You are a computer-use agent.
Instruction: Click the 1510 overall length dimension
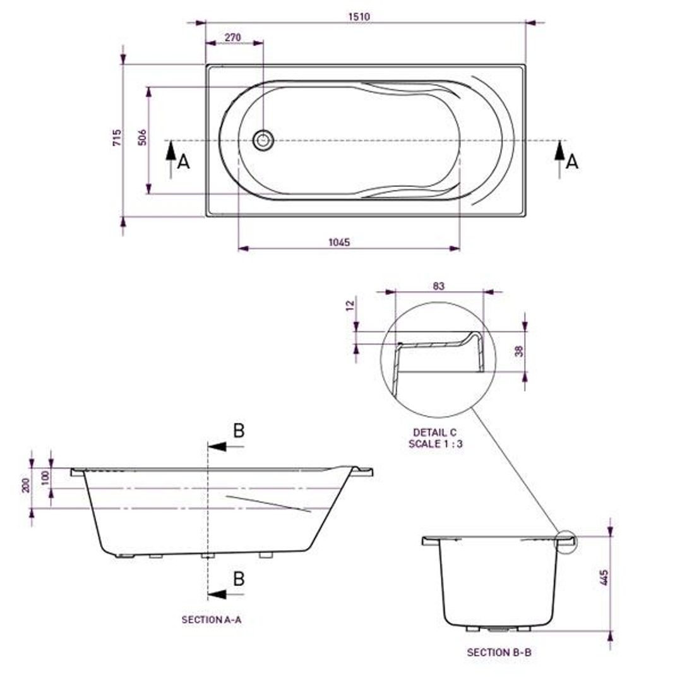pos(359,17)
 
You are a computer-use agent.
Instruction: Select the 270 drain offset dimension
pos(233,38)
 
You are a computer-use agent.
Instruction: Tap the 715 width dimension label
pos(117,138)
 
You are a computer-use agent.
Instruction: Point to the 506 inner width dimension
pos(143,138)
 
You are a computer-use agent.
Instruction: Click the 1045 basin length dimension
pos(339,242)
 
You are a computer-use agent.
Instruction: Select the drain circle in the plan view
pos(263,140)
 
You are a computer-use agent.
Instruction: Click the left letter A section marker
pos(183,162)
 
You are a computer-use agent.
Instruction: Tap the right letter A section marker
pos(571,162)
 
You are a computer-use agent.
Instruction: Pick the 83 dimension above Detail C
pos(439,286)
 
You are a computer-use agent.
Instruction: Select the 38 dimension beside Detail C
pos(520,350)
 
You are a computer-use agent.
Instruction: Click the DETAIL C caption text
pos(434,433)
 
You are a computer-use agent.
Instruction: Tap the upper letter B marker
pos(239,431)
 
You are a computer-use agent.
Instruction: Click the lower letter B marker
pos(239,578)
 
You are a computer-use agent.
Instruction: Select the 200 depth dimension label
pos(26,485)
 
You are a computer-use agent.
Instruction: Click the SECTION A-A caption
pos(212,620)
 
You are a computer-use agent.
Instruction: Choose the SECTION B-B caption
pos(499,652)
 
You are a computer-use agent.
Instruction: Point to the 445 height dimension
pos(604,578)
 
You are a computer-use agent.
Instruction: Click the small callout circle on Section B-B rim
pos(566,541)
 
